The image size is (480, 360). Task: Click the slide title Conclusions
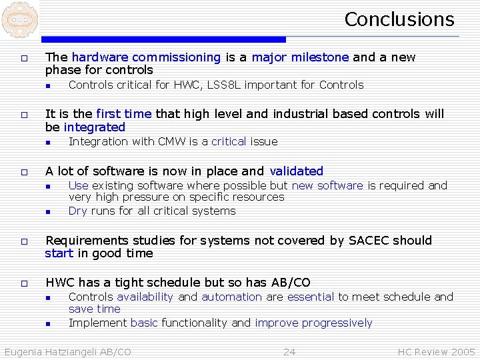(399, 19)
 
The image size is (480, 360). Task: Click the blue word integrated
(95, 127)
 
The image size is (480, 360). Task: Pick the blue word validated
(296, 171)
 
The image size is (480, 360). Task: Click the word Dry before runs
(78, 211)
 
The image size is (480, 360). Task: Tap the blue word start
(59, 253)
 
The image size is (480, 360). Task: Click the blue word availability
(145, 297)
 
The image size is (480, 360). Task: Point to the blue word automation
(231, 297)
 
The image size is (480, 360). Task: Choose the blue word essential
(311, 297)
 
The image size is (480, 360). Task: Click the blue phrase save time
(95, 309)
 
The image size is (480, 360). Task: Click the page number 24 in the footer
(289, 351)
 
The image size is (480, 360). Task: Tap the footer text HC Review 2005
(436, 351)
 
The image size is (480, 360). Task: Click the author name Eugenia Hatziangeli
(50, 351)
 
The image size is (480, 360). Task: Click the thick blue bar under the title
(163, 39)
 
